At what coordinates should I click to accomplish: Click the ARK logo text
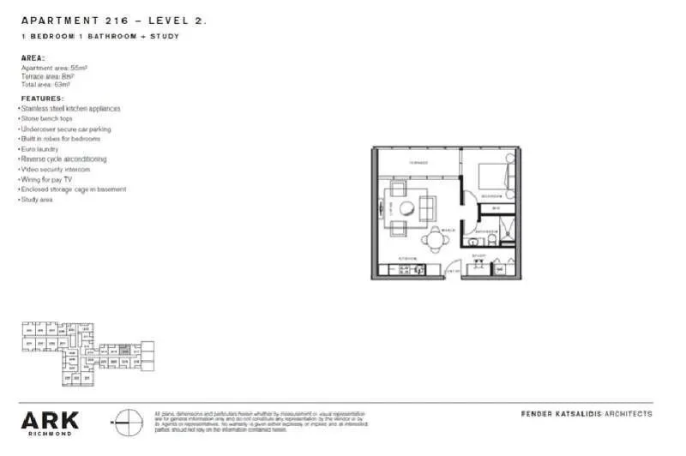51,420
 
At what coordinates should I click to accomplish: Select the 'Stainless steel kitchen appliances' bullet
69,109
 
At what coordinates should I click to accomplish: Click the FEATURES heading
42,99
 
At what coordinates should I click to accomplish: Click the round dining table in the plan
434,240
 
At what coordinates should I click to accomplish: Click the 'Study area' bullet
36,200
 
